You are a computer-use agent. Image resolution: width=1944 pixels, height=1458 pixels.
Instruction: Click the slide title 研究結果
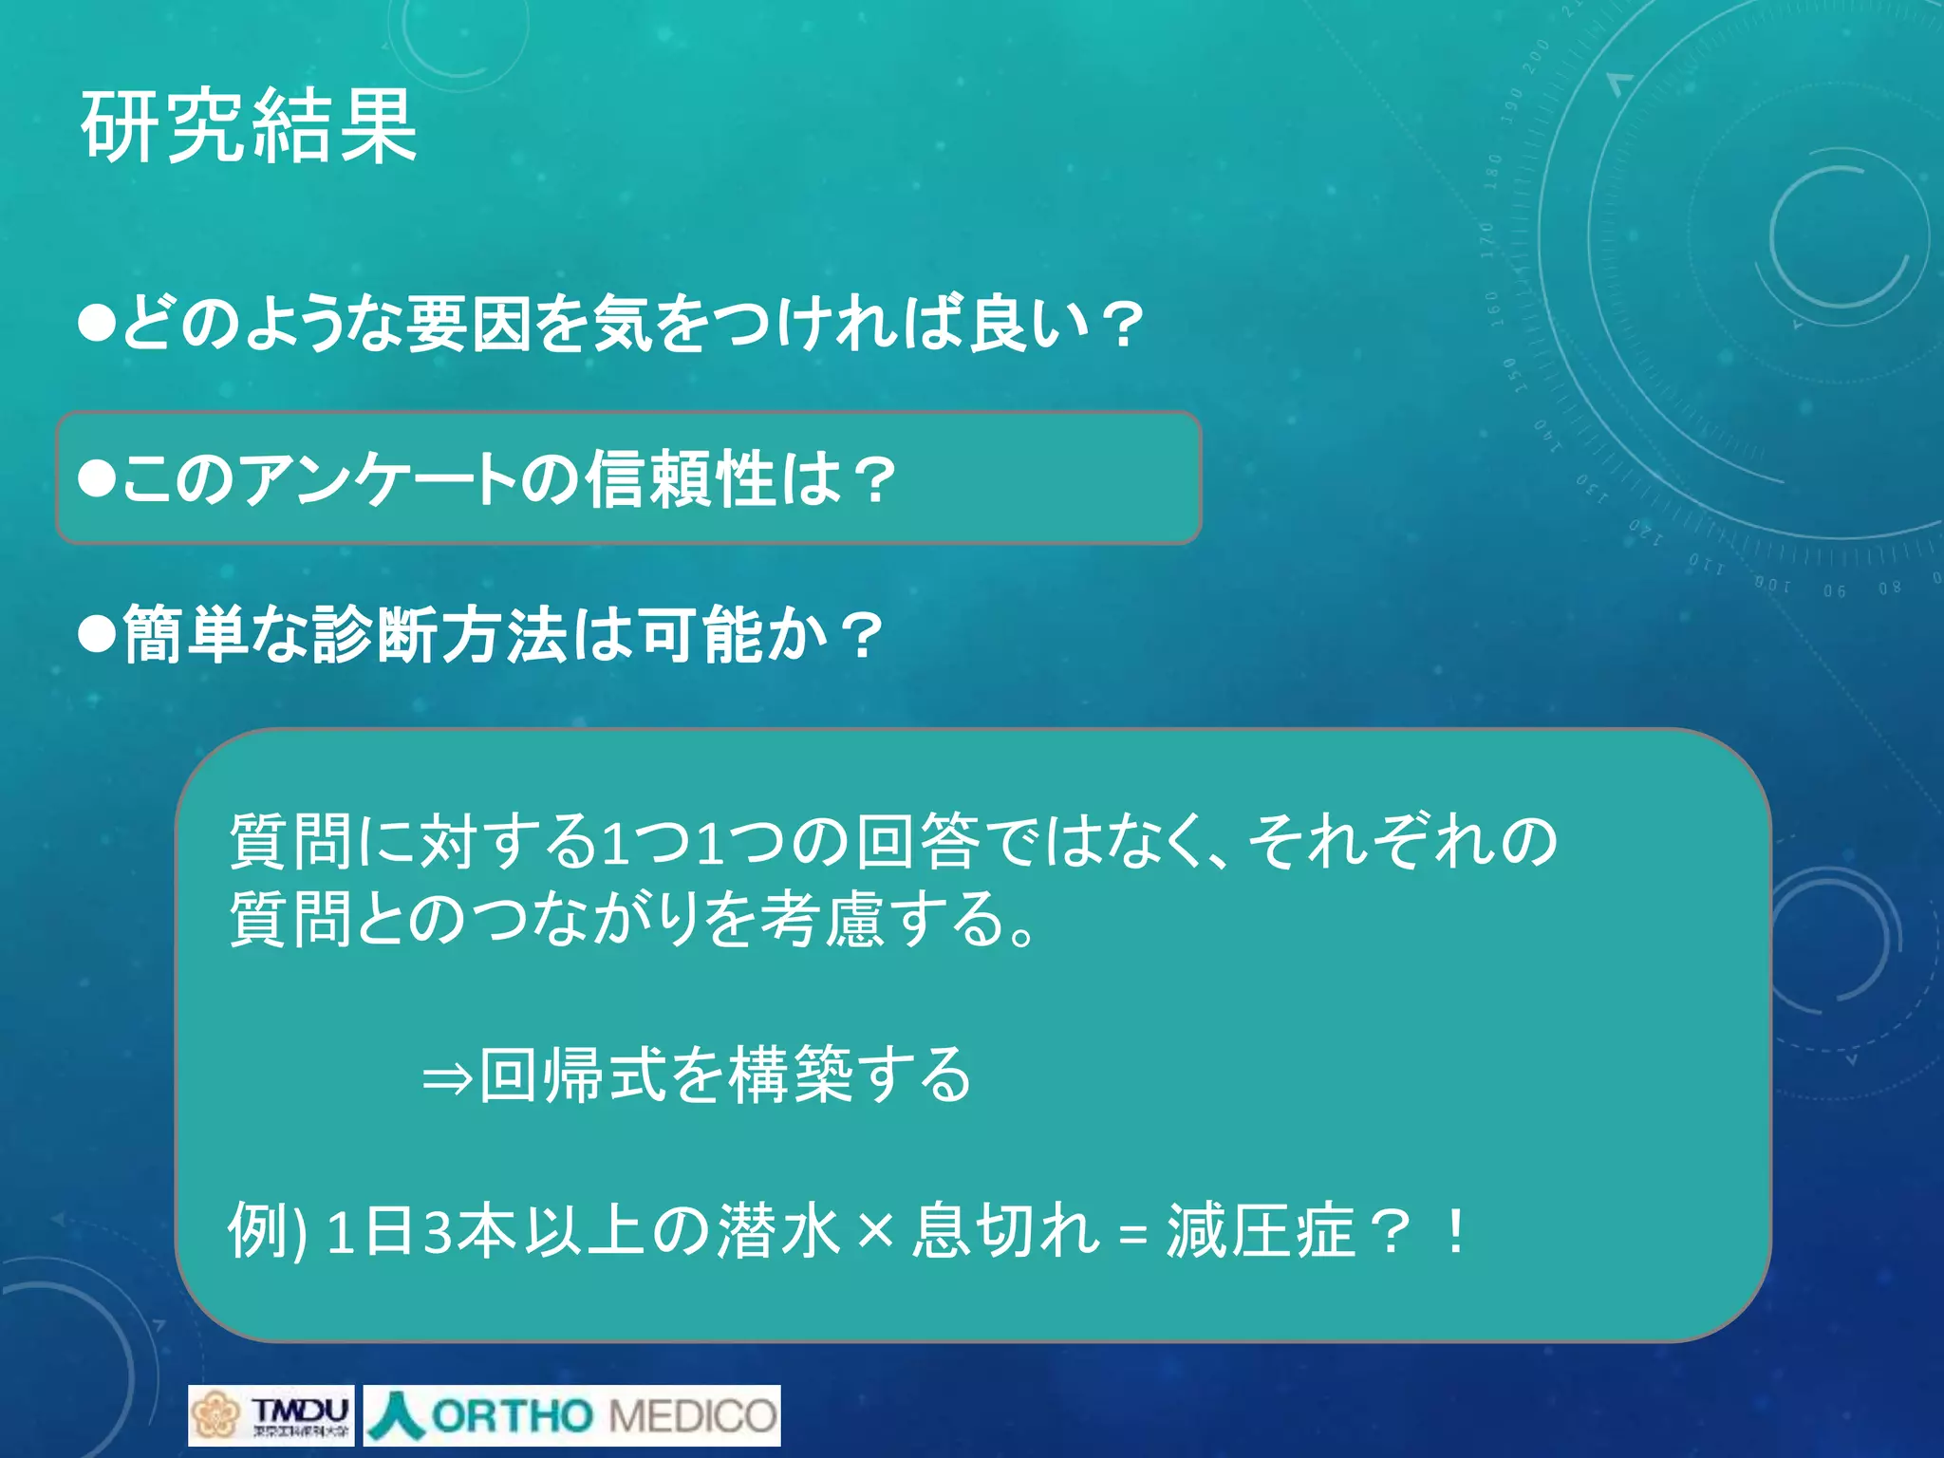coord(249,126)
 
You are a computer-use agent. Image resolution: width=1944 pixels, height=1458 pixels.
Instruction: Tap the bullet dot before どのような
coord(97,323)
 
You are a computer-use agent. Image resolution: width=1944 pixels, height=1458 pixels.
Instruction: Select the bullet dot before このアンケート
coord(97,478)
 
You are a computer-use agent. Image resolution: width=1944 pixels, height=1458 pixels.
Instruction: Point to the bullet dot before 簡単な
coord(97,634)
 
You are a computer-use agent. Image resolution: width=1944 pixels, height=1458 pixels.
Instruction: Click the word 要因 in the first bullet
coord(468,323)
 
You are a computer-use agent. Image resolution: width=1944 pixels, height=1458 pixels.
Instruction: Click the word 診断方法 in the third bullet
coord(440,634)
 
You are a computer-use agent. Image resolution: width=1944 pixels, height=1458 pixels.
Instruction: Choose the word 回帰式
coord(573,1075)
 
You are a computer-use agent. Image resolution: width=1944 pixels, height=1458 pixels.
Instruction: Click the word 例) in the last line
coord(268,1231)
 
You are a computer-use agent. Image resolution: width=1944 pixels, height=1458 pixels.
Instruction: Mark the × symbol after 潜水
coord(875,1232)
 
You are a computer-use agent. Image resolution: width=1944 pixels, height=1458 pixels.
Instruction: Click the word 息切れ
coord(1005,1231)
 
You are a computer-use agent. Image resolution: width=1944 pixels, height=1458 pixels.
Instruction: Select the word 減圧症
coord(1260,1231)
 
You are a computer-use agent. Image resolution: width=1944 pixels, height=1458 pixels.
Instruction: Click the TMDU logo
coord(271,1415)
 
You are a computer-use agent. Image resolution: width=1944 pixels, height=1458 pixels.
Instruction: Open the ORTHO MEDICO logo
coord(572,1415)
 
